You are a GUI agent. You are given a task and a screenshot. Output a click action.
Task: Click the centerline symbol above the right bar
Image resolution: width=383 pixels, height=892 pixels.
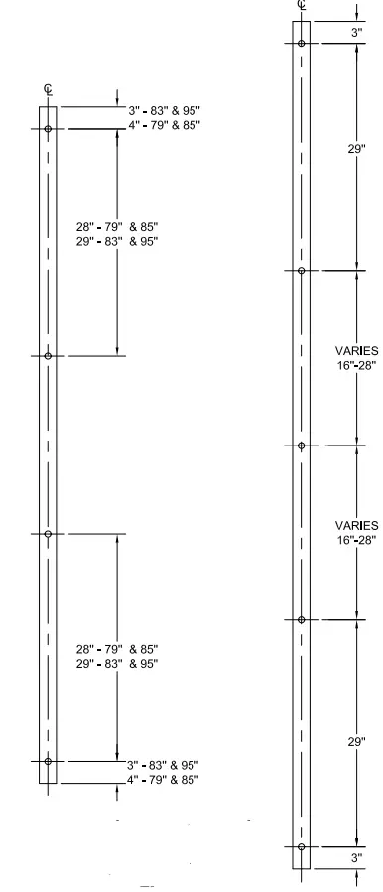(301, 6)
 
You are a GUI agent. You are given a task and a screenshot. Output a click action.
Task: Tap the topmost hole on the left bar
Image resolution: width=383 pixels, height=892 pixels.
(48, 129)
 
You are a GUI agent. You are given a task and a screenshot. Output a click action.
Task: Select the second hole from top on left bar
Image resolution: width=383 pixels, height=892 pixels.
(48, 355)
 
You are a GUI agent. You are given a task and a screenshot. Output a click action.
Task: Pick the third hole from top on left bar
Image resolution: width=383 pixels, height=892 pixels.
(48, 534)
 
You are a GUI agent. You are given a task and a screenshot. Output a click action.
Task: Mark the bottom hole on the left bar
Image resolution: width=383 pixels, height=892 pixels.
(48, 761)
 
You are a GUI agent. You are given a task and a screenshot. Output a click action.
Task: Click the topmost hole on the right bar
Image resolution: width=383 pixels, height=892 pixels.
(301, 44)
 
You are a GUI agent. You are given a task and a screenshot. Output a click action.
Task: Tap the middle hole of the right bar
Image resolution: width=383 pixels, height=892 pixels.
(301, 446)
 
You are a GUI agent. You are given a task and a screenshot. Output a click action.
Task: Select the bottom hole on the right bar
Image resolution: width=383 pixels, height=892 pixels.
(301, 847)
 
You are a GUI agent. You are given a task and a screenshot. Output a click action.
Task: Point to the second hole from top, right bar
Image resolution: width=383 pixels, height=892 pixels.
(301, 270)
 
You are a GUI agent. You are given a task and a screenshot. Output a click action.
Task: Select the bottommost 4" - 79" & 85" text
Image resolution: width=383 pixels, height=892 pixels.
(163, 780)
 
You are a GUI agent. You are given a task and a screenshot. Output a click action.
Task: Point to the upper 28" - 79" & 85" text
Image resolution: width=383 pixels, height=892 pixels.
(117, 227)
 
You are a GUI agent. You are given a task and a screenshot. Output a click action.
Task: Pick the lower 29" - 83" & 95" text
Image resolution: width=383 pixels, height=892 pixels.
(117, 663)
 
